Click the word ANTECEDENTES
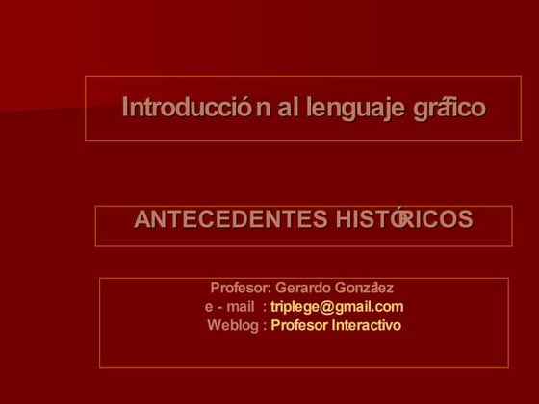click(x=230, y=220)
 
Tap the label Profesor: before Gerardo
click(x=241, y=288)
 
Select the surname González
click(x=365, y=288)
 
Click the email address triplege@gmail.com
click(x=337, y=307)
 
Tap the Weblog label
click(x=233, y=325)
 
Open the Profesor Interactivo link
click(x=336, y=325)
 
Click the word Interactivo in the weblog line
click(x=366, y=325)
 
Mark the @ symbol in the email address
click(x=327, y=307)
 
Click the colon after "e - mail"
click(x=264, y=307)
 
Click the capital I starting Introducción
click(x=125, y=108)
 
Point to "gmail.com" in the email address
click(x=370, y=307)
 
